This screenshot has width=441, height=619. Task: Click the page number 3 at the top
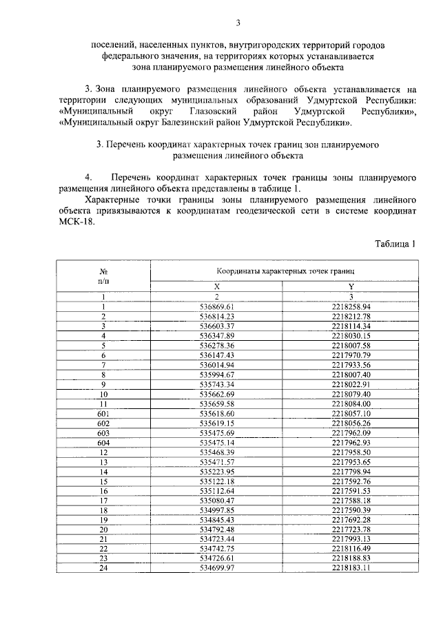[x=237, y=23]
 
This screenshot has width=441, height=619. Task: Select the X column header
[x=216, y=286]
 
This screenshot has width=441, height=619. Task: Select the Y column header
[x=351, y=286]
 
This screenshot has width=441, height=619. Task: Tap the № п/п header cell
[x=103, y=277]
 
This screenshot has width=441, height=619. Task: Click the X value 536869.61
[x=217, y=306]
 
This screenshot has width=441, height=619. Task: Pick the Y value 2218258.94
[x=351, y=306]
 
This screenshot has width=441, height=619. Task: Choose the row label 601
[x=103, y=413]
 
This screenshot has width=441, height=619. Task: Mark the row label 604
[x=103, y=442]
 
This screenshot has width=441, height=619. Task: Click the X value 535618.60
[x=217, y=413]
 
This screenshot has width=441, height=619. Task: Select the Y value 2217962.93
[x=351, y=442]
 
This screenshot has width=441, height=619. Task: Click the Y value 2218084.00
[x=351, y=403]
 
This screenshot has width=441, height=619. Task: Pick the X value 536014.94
[x=217, y=364]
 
